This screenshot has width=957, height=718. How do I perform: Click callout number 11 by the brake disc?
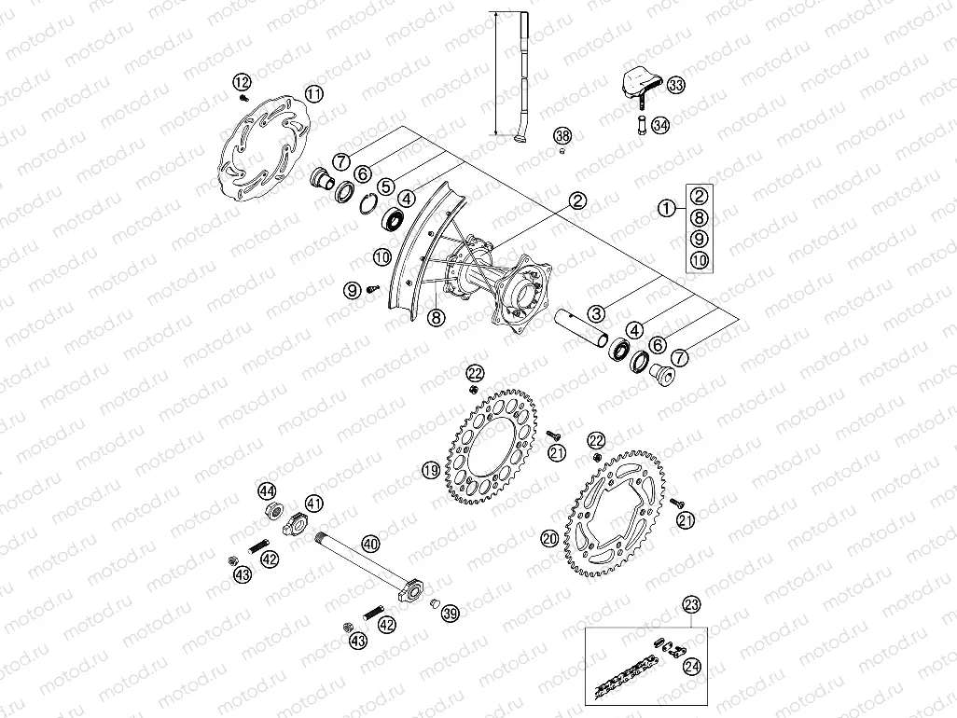click(x=314, y=93)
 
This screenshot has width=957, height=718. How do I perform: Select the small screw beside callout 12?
click(x=245, y=97)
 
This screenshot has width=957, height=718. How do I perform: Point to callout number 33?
click(x=675, y=86)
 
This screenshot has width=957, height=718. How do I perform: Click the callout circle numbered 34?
click(x=660, y=125)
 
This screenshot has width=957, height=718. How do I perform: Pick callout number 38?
click(x=562, y=136)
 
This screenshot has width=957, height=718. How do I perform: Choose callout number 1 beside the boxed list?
click(x=666, y=210)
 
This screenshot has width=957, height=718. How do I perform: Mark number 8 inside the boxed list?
click(x=699, y=217)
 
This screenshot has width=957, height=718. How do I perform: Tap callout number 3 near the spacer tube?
click(x=597, y=313)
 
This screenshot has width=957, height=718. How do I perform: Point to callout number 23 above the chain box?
click(x=690, y=604)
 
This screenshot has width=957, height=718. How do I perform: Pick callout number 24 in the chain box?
click(x=691, y=667)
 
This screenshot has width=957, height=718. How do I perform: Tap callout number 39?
click(x=451, y=613)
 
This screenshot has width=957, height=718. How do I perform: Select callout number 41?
click(x=314, y=504)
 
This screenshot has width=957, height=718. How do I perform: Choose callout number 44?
click(x=268, y=491)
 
